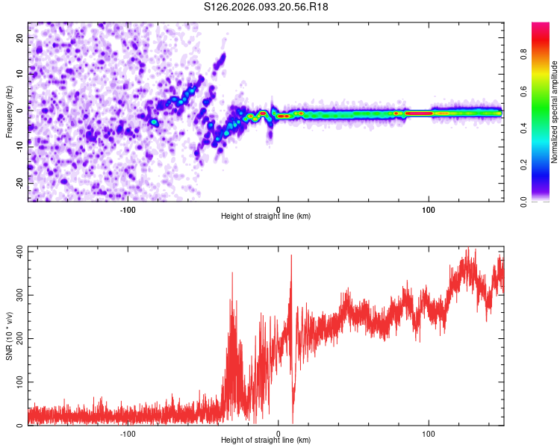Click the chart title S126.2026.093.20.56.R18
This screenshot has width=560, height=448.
click(266, 7)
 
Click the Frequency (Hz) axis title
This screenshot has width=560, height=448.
click(9, 112)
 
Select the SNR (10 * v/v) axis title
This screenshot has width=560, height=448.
click(9, 336)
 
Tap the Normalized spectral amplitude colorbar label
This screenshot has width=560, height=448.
click(554, 112)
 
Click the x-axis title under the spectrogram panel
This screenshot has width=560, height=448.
click(266, 216)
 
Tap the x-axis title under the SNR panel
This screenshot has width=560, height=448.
click(266, 440)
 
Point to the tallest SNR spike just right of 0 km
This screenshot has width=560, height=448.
click(291, 257)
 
